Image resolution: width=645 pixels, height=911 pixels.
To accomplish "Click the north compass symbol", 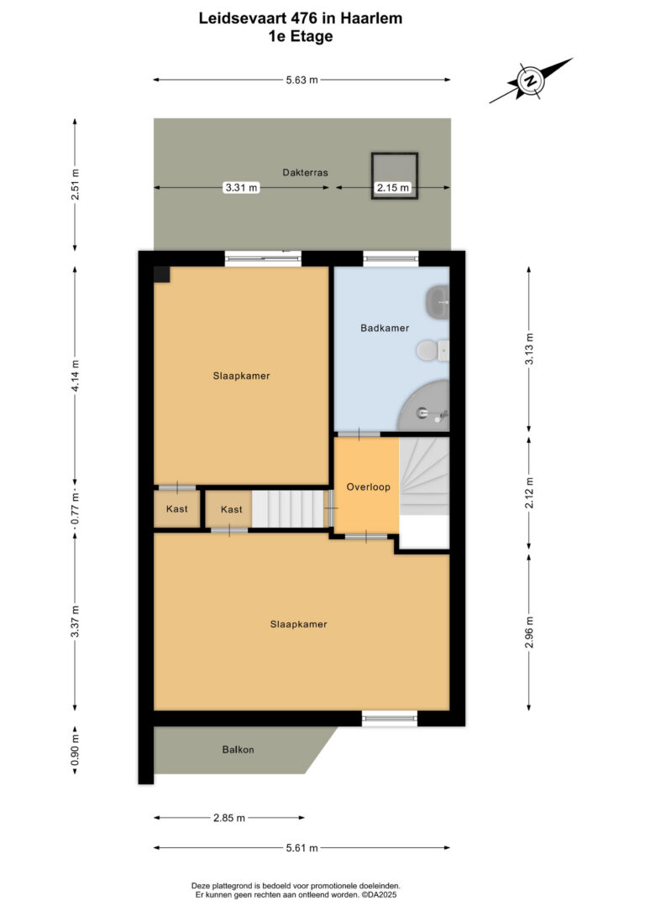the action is click(x=531, y=81).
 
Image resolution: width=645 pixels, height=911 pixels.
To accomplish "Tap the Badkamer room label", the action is click(x=385, y=328).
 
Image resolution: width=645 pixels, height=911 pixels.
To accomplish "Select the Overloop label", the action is click(x=368, y=487).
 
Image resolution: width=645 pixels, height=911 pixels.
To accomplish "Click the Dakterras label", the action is click(x=306, y=173).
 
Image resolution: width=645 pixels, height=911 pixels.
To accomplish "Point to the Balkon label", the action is click(x=238, y=749).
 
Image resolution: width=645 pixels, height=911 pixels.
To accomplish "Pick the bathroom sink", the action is click(x=438, y=302).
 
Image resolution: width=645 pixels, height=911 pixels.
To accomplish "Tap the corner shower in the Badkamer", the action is click(x=423, y=406).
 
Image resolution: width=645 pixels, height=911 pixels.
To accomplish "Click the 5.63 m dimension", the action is click(x=302, y=80).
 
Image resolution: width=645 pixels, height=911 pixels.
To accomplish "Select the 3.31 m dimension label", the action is click(x=241, y=188).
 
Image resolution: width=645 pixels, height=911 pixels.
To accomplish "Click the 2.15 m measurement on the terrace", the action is click(x=392, y=188).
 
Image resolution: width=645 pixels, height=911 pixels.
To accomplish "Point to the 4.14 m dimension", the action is click(x=75, y=375).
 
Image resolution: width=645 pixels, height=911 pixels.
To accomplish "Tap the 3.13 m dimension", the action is click(x=528, y=349).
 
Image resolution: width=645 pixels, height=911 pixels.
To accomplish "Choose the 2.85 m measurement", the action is click(x=229, y=817).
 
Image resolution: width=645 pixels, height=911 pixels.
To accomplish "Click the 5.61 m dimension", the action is click(x=302, y=848).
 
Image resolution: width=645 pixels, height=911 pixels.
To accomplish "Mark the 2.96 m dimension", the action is click(x=528, y=632).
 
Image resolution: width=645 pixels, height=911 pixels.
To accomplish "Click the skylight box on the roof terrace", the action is click(x=395, y=175).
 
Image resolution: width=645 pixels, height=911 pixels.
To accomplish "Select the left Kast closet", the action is click(x=177, y=509).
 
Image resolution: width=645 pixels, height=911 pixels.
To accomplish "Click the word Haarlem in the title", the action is click(x=371, y=18).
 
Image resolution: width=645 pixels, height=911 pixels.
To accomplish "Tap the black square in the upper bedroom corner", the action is click(x=162, y=274).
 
